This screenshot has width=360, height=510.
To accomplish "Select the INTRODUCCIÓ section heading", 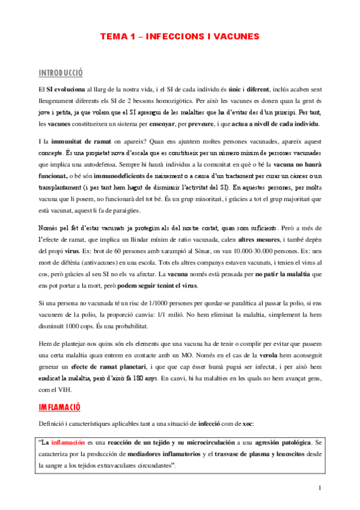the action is pyautogui.click(x=60, y=73).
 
